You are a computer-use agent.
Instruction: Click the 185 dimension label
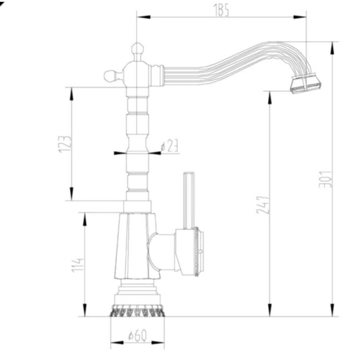pos(221,10)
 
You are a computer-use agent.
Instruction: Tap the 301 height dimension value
pos(325,179)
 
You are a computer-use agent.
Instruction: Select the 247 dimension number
pos(263,205)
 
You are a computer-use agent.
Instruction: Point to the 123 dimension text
pos(65,144)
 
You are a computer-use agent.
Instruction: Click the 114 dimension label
pos(77,265)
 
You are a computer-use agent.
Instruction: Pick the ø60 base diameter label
pos(137,336)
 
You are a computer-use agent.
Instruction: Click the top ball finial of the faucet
pos(138,49)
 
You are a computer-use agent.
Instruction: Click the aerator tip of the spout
pos(306,83)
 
